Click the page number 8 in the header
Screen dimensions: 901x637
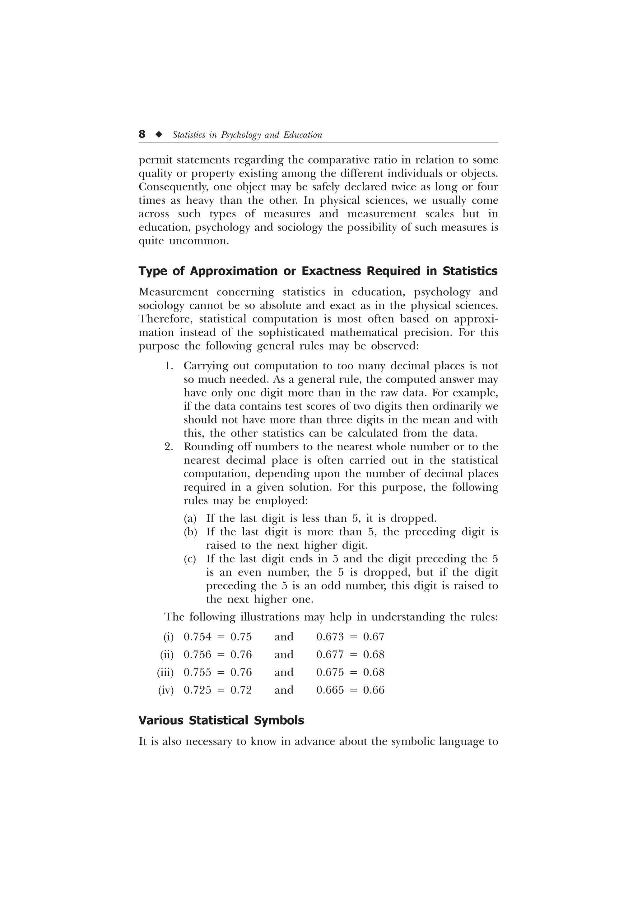pos(142,135)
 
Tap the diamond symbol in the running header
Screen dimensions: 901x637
pos(159,135)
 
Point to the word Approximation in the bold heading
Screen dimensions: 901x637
pos(234,271)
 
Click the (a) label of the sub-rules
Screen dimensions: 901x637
pos(190,519)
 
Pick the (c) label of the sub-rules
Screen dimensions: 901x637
pos(190,559)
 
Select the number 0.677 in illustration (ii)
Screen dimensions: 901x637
pos(330,654)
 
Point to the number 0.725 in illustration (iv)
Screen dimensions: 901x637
pos(198,690)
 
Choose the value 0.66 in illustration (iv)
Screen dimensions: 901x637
pos(374,690)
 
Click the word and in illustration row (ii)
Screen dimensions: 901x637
pos(284,654)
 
